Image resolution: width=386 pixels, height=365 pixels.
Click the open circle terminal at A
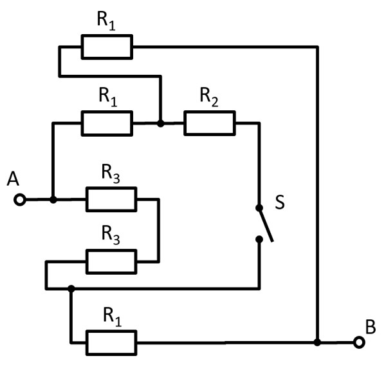coord(20,200)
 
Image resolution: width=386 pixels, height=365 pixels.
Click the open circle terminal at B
coord(359,342)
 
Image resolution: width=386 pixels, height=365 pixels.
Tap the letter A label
coord(13,179)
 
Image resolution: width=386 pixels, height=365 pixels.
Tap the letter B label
coord(371,326)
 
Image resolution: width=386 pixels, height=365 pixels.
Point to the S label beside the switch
coord(279,202)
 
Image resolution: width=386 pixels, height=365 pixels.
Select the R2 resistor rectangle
coord(210,123)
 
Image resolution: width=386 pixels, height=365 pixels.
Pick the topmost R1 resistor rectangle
coord(107,46)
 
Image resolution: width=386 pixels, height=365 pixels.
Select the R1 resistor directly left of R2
coord(107,123)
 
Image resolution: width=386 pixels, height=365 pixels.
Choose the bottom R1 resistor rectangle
coord(111,342)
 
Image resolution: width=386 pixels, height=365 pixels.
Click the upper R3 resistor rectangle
coord(111,200)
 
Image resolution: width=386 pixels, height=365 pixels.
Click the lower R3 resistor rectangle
coord(111,262)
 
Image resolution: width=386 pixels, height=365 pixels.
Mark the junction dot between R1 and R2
coord(160,123)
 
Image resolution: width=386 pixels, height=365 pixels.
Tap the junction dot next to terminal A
coord(53,200)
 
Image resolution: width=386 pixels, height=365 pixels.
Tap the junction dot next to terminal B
coord(317,342)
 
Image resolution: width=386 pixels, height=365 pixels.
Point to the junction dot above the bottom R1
coord(71,288)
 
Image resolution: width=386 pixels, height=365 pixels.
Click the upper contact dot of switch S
coord(259,208)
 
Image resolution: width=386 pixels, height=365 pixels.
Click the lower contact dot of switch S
coord(259,239)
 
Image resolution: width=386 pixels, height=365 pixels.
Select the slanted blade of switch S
coord(266,224)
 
